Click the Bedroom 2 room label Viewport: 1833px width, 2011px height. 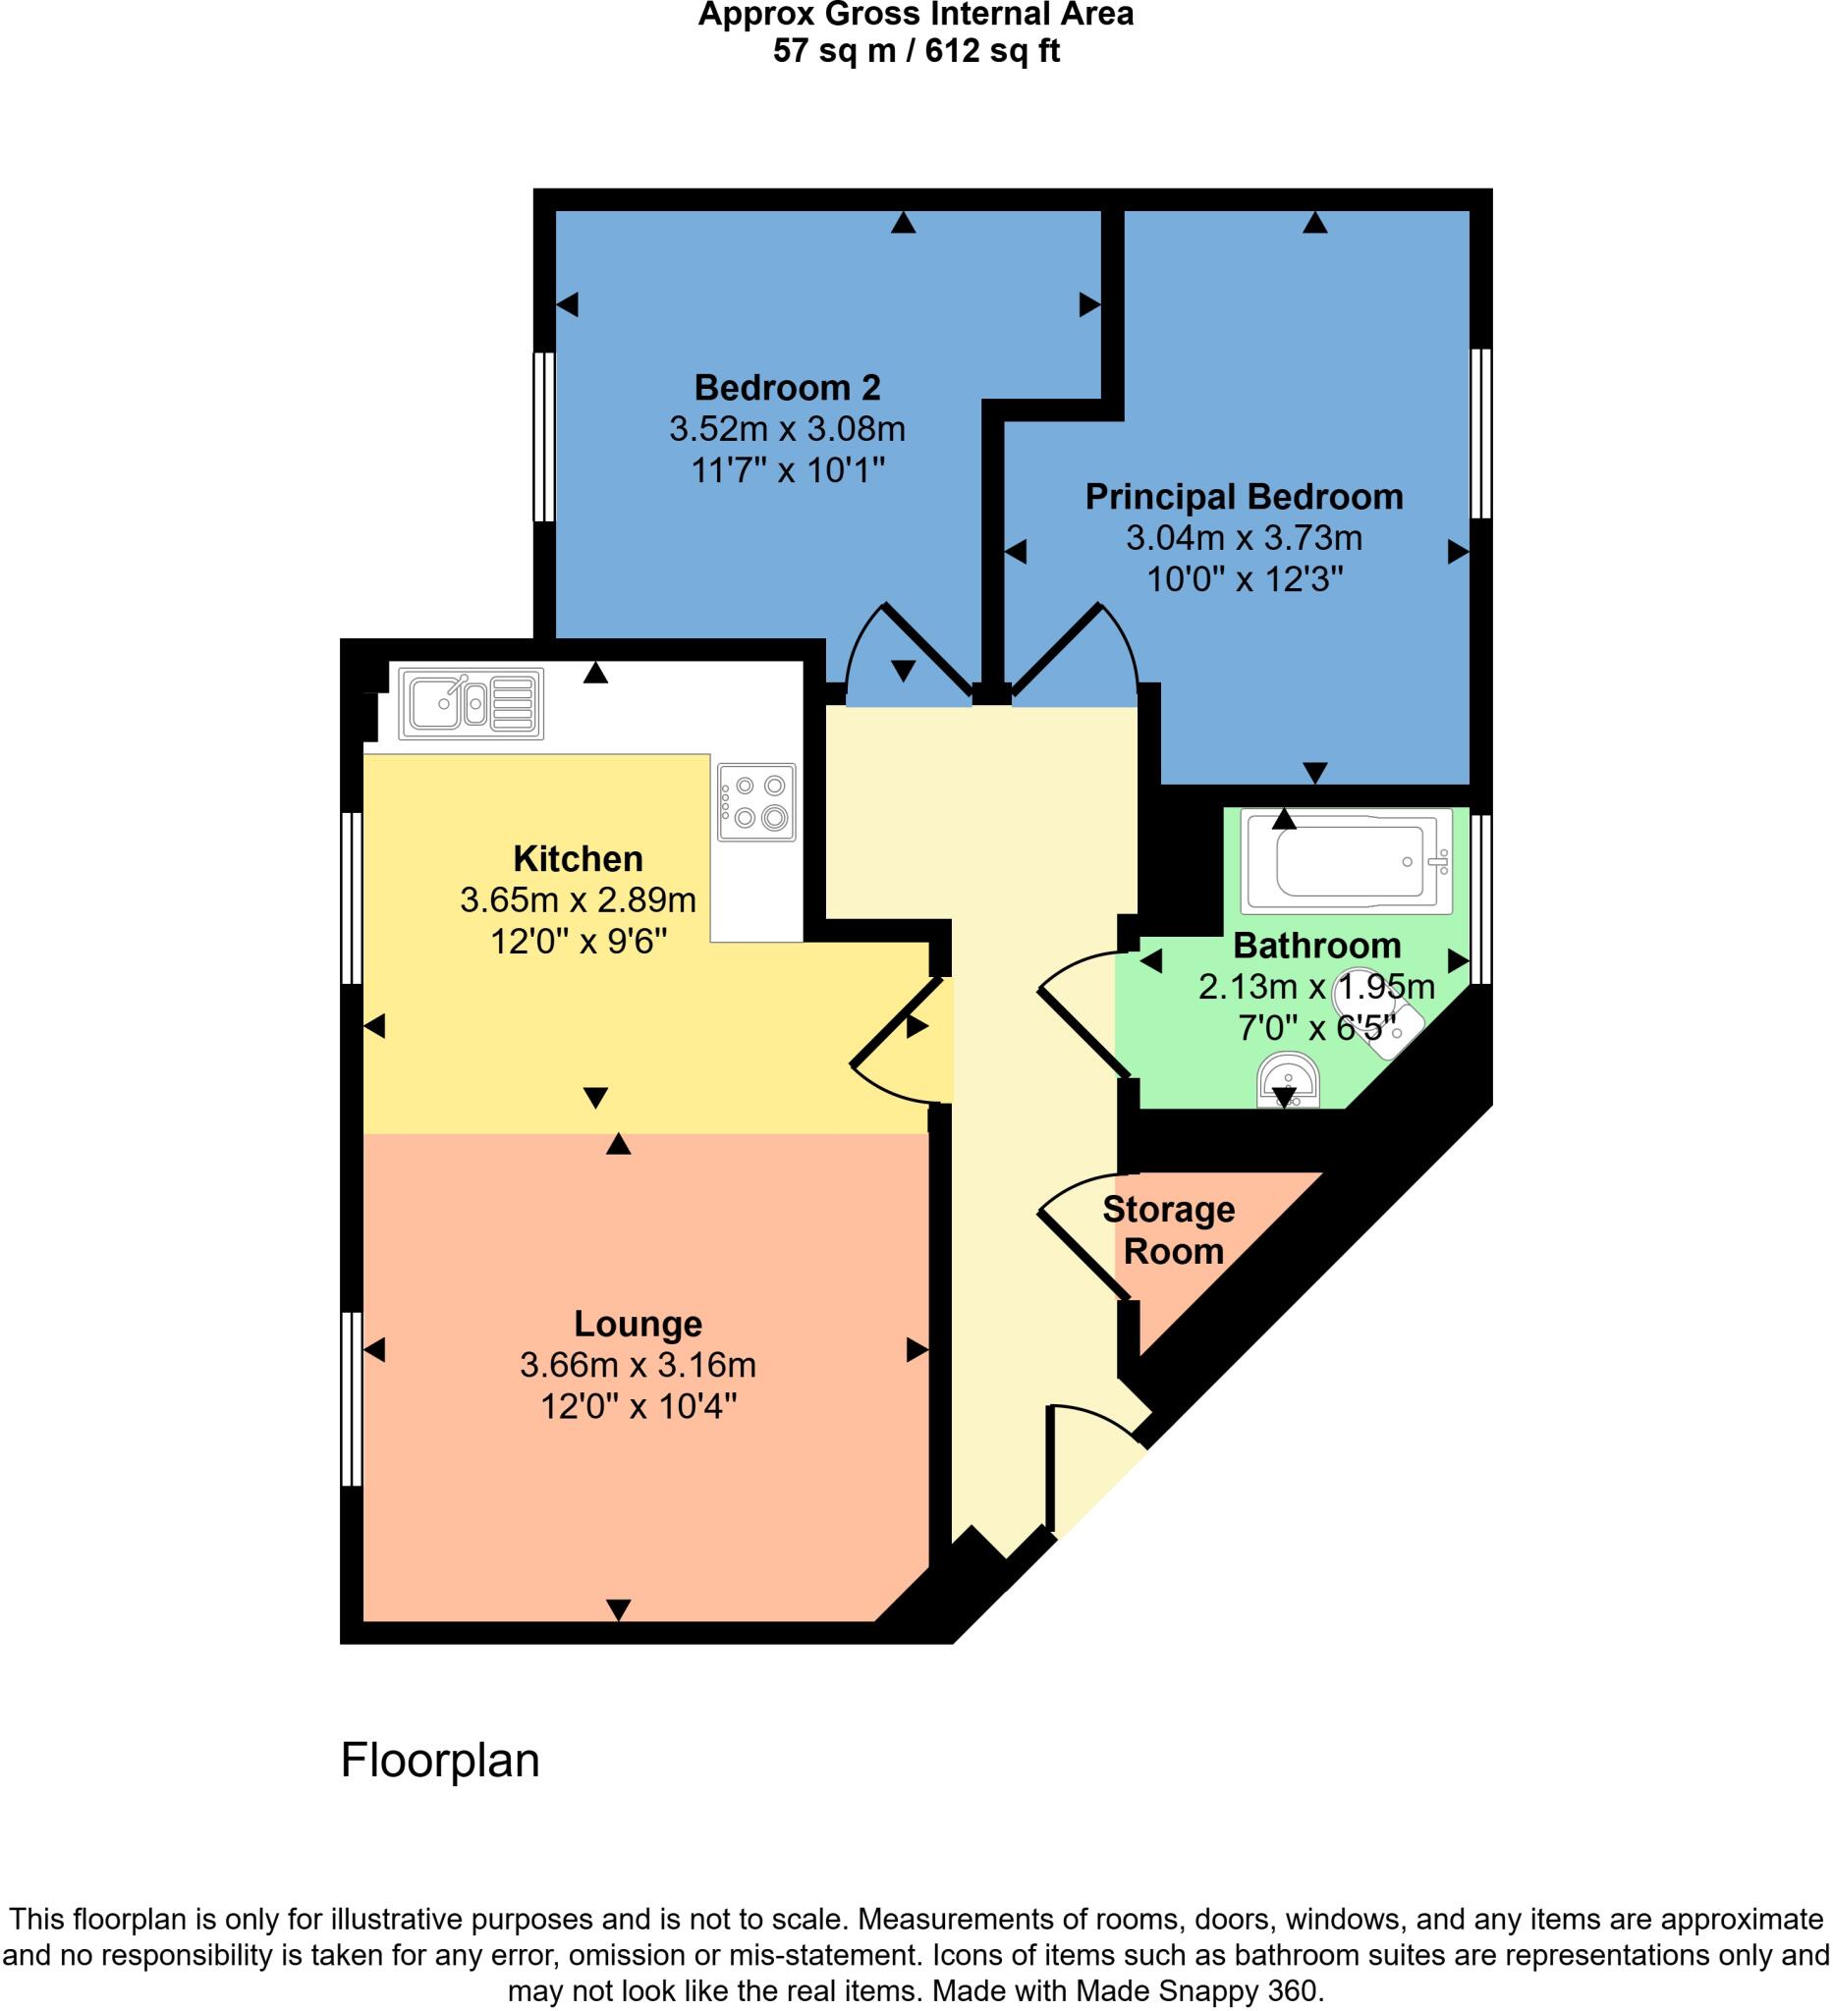(787, 386)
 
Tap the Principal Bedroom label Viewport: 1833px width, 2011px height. (1244, 496)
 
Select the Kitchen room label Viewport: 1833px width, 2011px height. (578, 858)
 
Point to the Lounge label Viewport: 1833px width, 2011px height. (638, 1323)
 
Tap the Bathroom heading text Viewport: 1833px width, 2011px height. (1316, 945)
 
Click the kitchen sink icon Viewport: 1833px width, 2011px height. (471, 703)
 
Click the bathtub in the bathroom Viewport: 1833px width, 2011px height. (1345, 861)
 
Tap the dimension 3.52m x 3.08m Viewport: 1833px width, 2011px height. (787, 429)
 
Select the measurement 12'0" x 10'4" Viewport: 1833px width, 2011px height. (638, 1406)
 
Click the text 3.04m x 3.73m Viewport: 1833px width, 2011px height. (1244, 539)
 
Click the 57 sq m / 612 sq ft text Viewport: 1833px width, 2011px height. (915, 50)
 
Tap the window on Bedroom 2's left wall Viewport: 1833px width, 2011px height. (544, 436)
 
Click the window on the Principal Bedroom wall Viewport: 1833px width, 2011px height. (1480, 433)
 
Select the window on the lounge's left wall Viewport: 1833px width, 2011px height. (352, 1398)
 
